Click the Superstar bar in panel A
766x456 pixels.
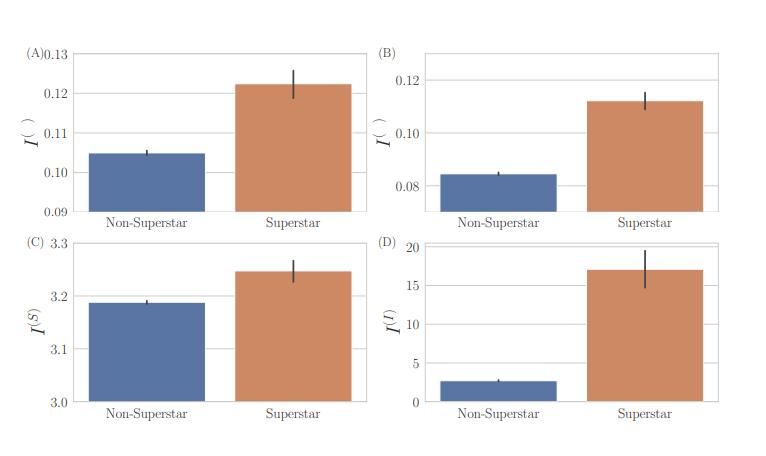click(x=293, y=148)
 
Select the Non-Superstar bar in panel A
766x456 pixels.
click(x=147, y=182)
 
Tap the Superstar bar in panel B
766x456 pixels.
click(x=645, y=156)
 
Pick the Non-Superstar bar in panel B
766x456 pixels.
click(x=498, y=193)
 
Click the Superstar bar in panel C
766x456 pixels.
click(x=293, y=336)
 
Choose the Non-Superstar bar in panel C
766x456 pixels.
click(x=147, y=352)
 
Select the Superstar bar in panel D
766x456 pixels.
click(x=645, y=336)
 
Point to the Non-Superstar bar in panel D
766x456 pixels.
click(x=498, y=391)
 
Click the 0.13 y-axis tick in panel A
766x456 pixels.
click(x=56, y=54)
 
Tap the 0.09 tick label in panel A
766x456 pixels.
click(x=56, y=212)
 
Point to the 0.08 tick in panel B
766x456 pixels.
click(x=408, y=186)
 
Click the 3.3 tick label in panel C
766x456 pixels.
click(x=58, y=243)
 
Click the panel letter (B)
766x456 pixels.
click(x=386, y=53)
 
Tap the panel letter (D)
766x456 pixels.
click(x=386, y=242)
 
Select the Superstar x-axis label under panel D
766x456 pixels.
click(x=645, y=414)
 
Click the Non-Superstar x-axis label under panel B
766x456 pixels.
click(x=498, y=223)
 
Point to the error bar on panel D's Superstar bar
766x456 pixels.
click(x=645, y=268)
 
